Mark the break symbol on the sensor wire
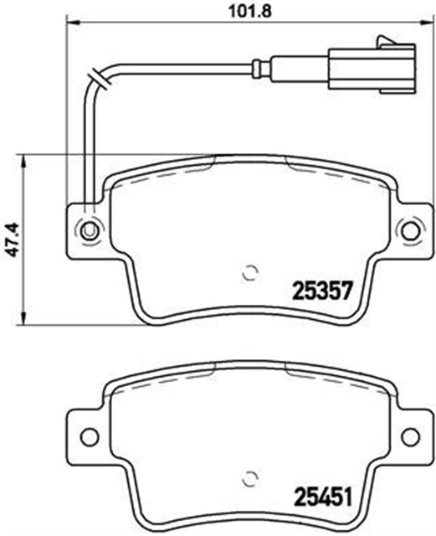(x=101, y=80)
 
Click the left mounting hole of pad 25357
(x=87, y=229)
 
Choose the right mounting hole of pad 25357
(x=409, y=229)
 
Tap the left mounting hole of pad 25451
(x=87, y=435)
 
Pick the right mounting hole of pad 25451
(x=409, y=435)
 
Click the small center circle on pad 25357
(x=249, y=272)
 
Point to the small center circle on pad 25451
(x=249, y=479)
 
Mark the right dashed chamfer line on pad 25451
(x=331, y=381)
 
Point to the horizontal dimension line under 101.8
(x=243, y=25)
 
